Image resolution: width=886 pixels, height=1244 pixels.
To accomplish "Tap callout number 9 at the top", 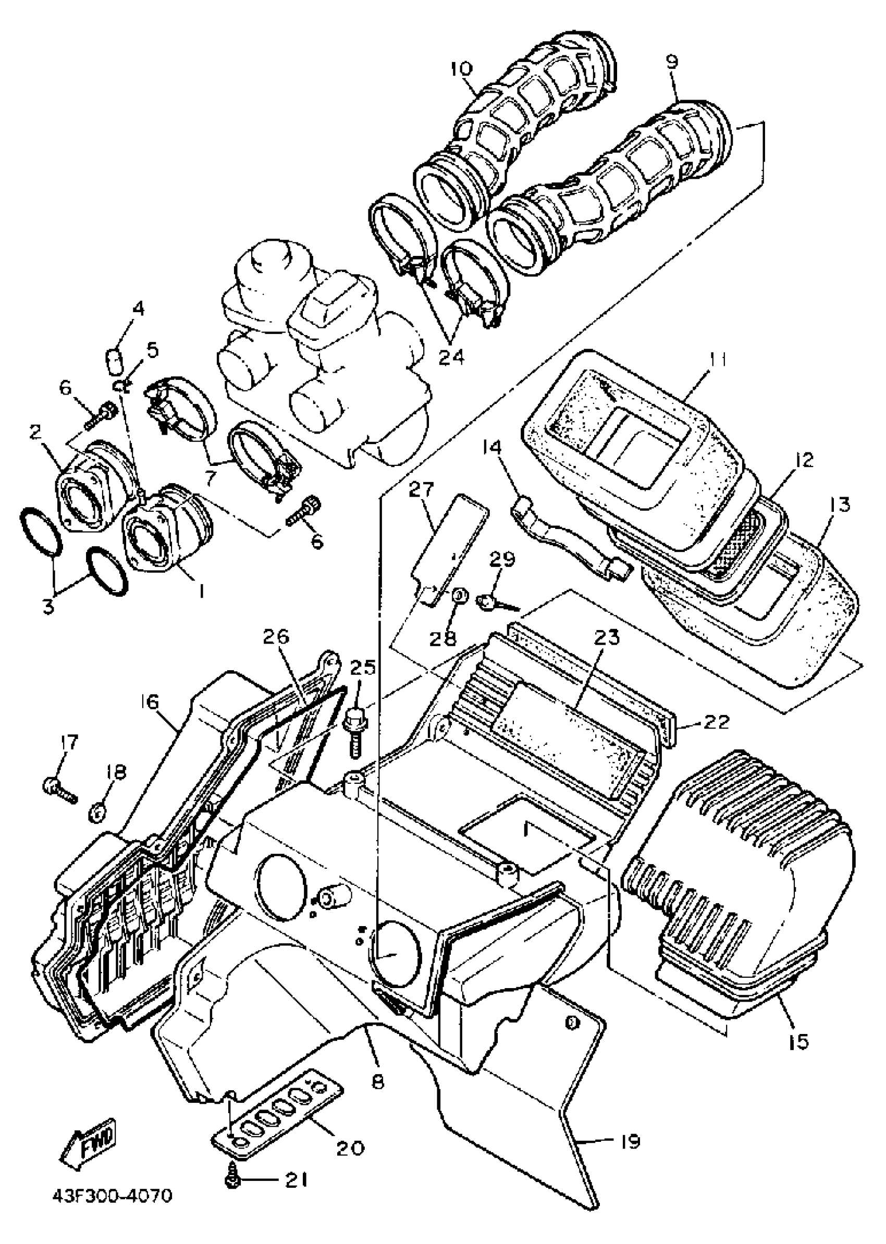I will (673, 61).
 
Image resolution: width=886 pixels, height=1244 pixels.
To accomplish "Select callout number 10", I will (462, 69).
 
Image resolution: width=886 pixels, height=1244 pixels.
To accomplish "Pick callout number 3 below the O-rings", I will (48, 606).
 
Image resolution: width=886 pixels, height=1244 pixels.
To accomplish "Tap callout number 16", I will (151, 702).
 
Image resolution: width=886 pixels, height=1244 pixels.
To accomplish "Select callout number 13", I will (841, 504).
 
